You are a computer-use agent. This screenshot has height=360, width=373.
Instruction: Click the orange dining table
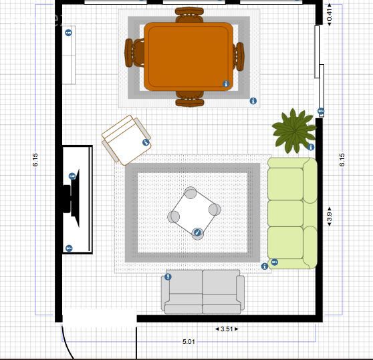pyautogui.click(x=189, y=57)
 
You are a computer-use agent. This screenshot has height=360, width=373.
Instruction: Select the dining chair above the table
pyautogui.click(x=189, y=15)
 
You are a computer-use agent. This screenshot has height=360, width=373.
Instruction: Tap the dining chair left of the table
pyautogui.click(x=134, y=53)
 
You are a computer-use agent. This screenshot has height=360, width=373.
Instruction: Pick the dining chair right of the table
pyautogui.click(x=239, y=57)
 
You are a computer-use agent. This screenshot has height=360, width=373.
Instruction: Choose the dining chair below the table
pyautogui.click(x=190, y=99)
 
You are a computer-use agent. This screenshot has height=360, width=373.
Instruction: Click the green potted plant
pyautogui.click(x=294, y=130)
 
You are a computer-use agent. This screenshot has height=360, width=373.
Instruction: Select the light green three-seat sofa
pyautogui.click(x=292, y=213)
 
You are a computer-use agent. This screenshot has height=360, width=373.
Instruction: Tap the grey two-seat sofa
pyautogui.click(x=203, y=292)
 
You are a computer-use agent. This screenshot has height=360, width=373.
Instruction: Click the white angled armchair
pyautogui.click(x=126, y=140)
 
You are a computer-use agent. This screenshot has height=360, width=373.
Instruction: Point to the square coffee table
pyautogui.click(x=194, y=213)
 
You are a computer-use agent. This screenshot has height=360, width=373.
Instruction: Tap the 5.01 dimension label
pyautogui.click(x=189, y=342)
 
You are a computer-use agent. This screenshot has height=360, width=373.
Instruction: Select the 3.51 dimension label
pyautogui.click(x=227, y=329)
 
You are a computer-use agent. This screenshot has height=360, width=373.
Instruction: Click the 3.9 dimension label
pyautogui.click(x=330, y=216)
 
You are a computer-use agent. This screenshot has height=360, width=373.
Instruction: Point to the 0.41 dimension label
pyautogui.click(x=330, y=15)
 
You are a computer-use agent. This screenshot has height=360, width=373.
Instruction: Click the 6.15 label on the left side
pyautogui.click(x=35, y=160)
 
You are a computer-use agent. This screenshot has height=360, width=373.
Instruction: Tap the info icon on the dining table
pyautogui.click(x=226, y=84)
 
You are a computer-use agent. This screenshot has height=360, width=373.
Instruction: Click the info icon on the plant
pyautogui.click(x=311, y=147)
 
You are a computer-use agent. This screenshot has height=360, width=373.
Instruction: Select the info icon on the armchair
pyautogui.click(x=146, y=142)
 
